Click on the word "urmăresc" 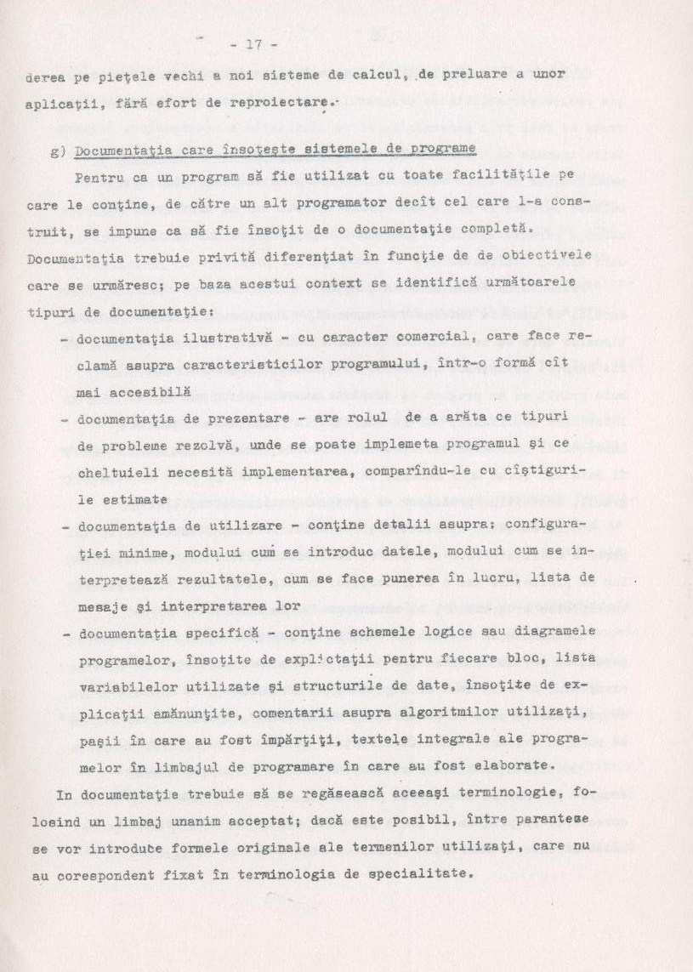[x=116, y=284]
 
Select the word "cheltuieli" [x=118, y=471]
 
